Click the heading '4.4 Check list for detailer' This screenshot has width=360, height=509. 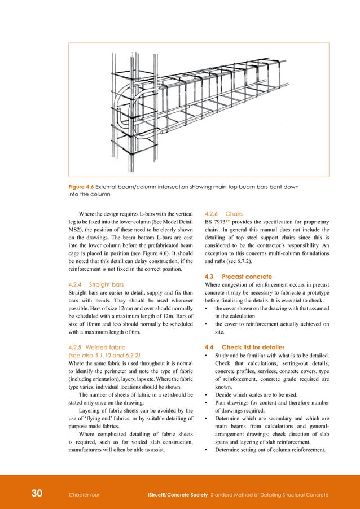tap(244, 346)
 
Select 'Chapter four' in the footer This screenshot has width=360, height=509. tap(84, 495)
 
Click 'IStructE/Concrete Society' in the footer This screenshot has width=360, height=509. tap(175, 495)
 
